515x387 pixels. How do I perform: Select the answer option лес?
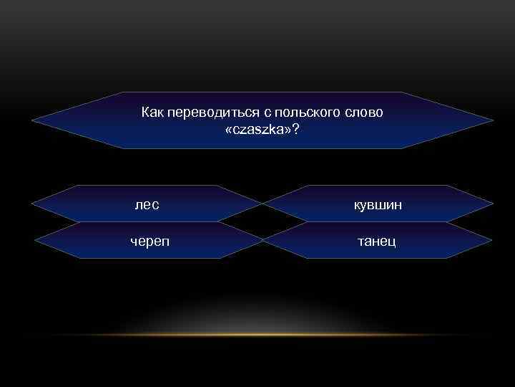[147, 205]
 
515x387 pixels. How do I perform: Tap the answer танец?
[377, 241]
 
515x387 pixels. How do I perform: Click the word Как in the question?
[152, 113]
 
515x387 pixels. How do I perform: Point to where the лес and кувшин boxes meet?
[263, 204]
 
